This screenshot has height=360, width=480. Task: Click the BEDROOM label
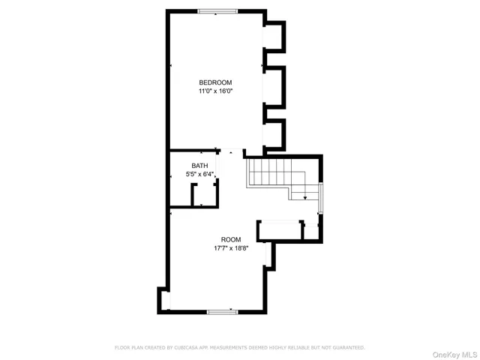215,82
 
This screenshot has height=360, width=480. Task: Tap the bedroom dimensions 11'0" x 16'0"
215,91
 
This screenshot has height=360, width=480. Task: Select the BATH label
199,166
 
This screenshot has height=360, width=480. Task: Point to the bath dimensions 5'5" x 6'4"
200,175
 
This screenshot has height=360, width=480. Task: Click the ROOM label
231,239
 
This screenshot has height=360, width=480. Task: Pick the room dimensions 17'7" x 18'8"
231,248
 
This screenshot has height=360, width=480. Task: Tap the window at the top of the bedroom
218,10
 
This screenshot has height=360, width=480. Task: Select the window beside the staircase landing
320,198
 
